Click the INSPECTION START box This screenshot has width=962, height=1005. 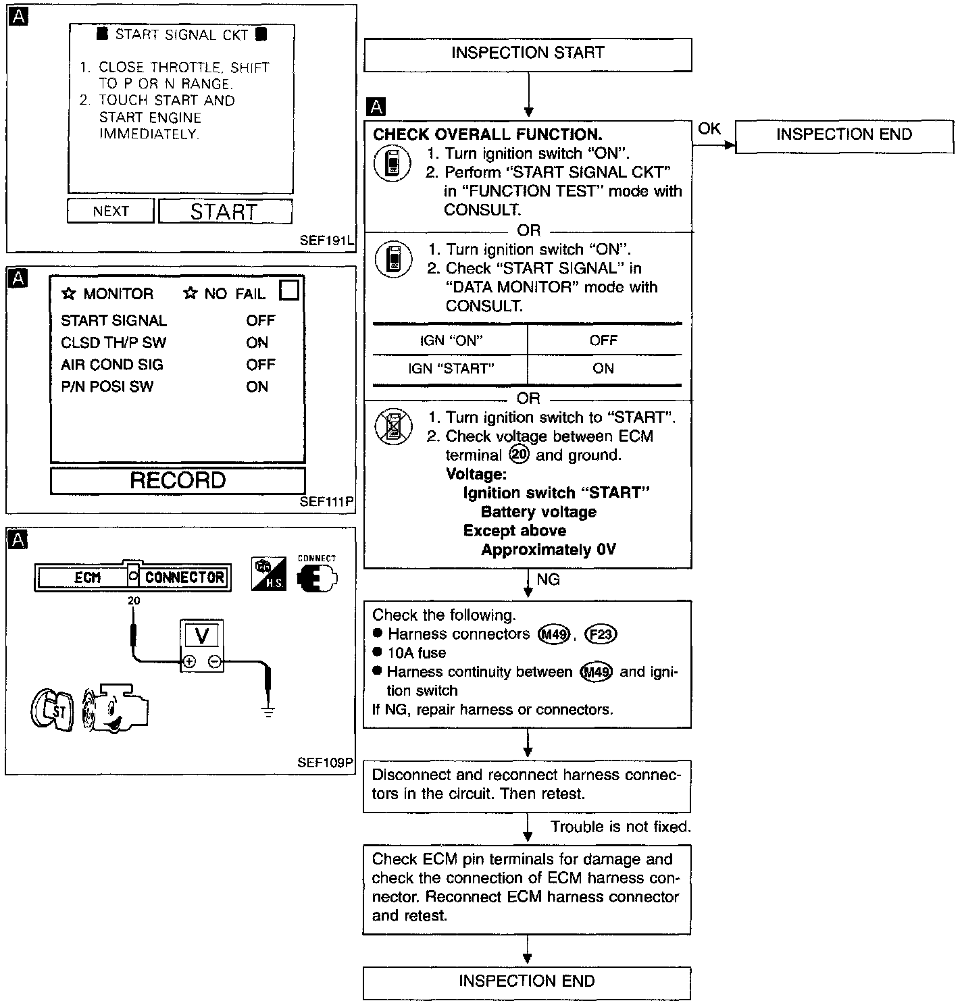pos(528,54)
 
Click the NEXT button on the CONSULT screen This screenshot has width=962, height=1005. pos(111,211)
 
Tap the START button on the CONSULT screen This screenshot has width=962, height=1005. pos(225,211)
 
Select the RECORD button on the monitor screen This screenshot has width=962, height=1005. pos(178,480)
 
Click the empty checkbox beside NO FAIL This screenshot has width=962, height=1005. pos(289,290)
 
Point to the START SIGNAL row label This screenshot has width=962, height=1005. pos(113,321)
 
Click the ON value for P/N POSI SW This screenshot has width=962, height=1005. pos(257,387)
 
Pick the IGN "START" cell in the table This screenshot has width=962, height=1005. pos(451,369)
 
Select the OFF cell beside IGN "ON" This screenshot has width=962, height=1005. pos(603,340)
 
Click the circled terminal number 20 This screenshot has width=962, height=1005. pos(519,455)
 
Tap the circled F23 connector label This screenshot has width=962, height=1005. pos(600,634)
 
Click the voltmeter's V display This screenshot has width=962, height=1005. pos(201,635)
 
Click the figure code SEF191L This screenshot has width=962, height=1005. pos(327,240)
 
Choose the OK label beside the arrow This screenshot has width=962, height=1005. pos(709,129)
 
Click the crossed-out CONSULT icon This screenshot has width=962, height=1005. pos(393,427)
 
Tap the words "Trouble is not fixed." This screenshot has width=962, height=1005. pos(620,827)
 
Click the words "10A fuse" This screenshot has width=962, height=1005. pos(417,653)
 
